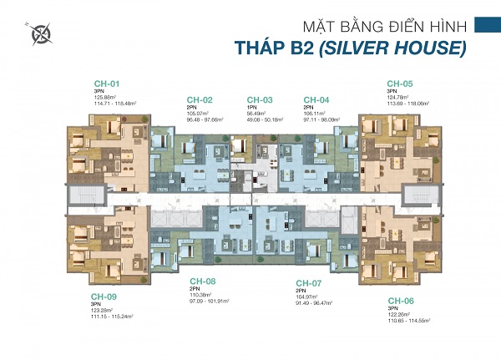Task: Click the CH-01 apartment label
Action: click(x=107, y=84)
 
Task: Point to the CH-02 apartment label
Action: click(x=200, y=100)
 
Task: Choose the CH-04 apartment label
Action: click(x=316, y=100)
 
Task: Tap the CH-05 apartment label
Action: click(x=400, y=84)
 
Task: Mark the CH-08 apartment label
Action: click(x=203, y=281)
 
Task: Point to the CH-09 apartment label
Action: click(x=104, y=296)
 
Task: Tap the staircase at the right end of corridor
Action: click(x=413, y=199)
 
